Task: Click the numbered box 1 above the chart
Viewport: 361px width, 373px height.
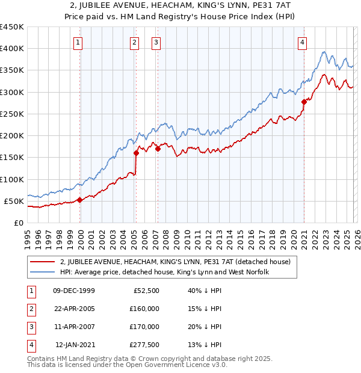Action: (x=79, y=42)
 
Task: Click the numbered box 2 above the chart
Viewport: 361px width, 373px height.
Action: (x=134, y=42)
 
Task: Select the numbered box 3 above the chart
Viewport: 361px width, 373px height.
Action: (x=156, y=42)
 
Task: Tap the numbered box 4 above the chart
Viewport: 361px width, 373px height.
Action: (x=302, y=42)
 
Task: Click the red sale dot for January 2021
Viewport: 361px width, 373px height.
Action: (x=304, y=102)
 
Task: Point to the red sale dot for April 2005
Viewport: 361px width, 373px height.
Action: (x=137, y=153)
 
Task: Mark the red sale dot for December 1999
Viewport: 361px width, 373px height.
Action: (x=79, y=200)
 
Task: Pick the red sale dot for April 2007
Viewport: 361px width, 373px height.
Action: (x=158, y=149)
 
